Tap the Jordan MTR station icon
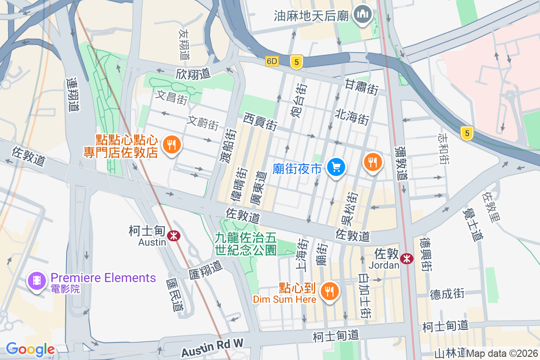click(x=407, y=258)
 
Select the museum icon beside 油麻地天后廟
click(x=362, y=15)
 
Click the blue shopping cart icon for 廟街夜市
click(x=336, y=168)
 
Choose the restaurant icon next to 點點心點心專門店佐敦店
click(x=171, y=145)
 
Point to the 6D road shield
click(x=272, y=61)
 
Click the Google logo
click(x=30, y=349)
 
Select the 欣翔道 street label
click(x=193, y=73)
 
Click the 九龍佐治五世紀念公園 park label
click(x=245, y=243)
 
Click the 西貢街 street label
click(x=260, y=121)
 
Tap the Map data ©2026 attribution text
click(x=502, y=354)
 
